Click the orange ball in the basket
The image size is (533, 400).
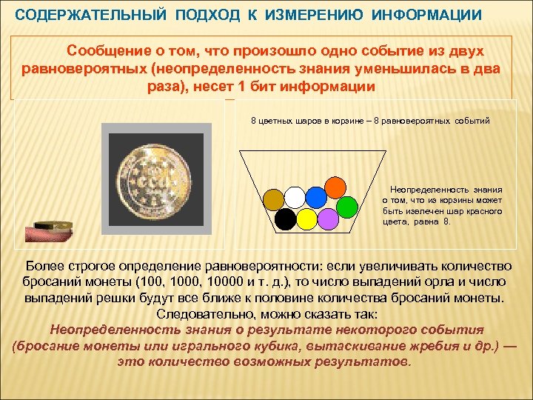click(x=336, y=186)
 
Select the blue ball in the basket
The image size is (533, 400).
click(x=316, y=197)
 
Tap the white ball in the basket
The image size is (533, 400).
click(x=295, y=197)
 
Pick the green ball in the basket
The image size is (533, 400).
click(x=347, y=207)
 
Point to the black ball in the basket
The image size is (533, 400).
click(x=285, y=219)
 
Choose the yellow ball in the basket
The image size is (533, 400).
click(x=306, y=219)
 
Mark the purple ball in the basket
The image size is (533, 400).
click(x=327, y=219)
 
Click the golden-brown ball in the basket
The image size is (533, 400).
click(x=274, y=199)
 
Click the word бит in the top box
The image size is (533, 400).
click(x=257, y=86)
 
